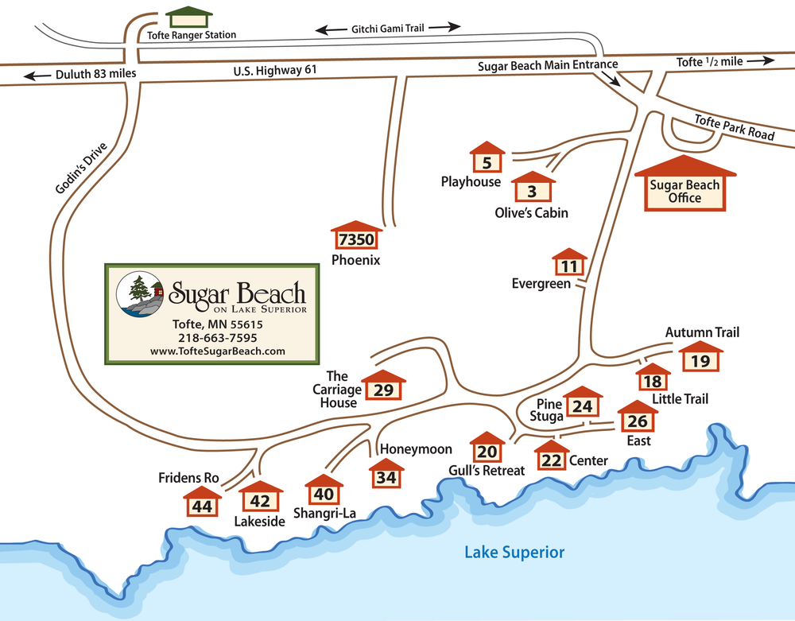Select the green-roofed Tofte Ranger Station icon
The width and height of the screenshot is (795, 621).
pos(190,17)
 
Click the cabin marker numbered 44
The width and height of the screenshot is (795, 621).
pos(202,504)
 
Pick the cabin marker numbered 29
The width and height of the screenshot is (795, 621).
pos(383,387)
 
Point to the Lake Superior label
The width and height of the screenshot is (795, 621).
pos(514,552)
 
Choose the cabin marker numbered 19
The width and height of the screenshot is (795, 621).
pos(700,359)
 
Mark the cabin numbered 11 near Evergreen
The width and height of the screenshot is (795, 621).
pos(569,265)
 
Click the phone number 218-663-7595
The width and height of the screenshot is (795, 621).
pos(217,337)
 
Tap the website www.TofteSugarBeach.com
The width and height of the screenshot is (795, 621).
pos(217,351)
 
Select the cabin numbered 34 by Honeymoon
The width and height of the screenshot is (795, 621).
pos(386,475)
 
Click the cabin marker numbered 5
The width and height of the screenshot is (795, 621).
pos(487,160)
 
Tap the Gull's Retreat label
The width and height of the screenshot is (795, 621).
pos(487,471)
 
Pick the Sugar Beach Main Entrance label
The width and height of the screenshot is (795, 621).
pos(548,64)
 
